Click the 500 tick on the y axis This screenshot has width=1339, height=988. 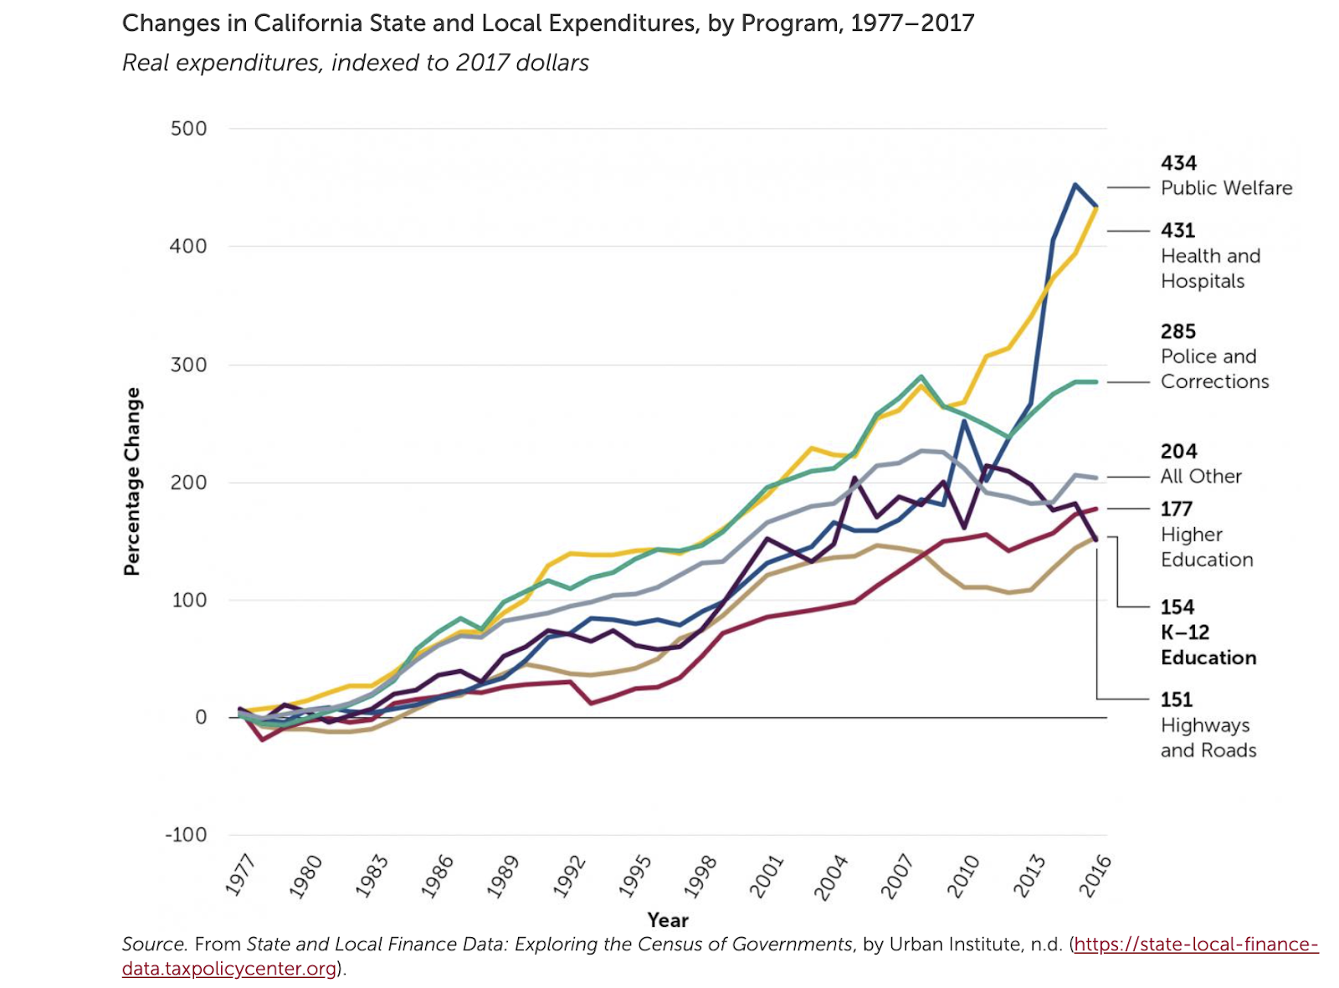click(x=188, y=129)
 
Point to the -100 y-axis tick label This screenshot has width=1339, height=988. click(x=186, y=835)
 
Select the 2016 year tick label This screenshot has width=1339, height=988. click(x=1095, y=875)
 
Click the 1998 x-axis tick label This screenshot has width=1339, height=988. click(x=701, y=875)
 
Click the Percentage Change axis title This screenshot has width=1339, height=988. click(x=132, y=482)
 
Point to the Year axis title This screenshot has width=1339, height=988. click(x=668, y=920)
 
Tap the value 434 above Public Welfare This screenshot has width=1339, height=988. click(x=1178, y=163)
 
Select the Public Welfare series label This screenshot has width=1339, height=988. click(x=1226, y=188)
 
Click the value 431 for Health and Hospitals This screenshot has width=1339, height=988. click(x=1177, y=231)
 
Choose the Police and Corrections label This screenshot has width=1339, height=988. click(x=1214, y=369)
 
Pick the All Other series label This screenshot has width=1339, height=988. click(x=1201, y=477)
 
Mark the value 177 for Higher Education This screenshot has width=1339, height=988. click(x=1176, y=509)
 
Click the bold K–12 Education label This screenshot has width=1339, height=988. click(x=1208, y=645)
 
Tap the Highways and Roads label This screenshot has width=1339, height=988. click(x=1208, y=738)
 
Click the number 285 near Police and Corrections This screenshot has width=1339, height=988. click(x=1177, y=332)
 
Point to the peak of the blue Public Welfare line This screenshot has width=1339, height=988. click(x=1075, y=185)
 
